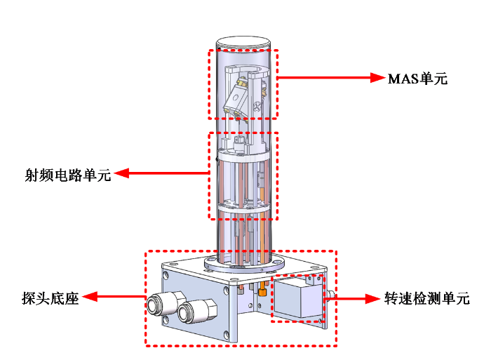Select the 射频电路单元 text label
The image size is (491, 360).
68,175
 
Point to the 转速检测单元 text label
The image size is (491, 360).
426,298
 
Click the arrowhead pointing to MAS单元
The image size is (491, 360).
379,78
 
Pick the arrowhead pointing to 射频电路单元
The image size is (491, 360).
120,173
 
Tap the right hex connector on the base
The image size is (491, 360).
189,309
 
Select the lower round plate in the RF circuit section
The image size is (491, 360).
243,210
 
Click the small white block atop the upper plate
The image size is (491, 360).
240,142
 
